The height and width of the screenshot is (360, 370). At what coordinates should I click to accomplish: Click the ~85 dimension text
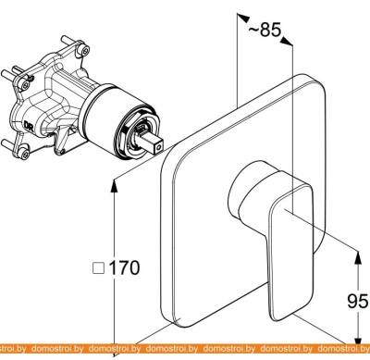point(265,30)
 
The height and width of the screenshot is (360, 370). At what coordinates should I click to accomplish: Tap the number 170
point(124,267)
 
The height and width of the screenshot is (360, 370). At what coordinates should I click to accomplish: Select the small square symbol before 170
point(99,268)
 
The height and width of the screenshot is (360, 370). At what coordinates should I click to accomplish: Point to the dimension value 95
point(358,301)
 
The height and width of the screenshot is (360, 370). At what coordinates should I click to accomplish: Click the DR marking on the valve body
point(29,127)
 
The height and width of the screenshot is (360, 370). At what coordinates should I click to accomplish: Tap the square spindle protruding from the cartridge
point(152,143)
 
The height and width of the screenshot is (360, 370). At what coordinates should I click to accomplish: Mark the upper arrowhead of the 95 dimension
point(358,256)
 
